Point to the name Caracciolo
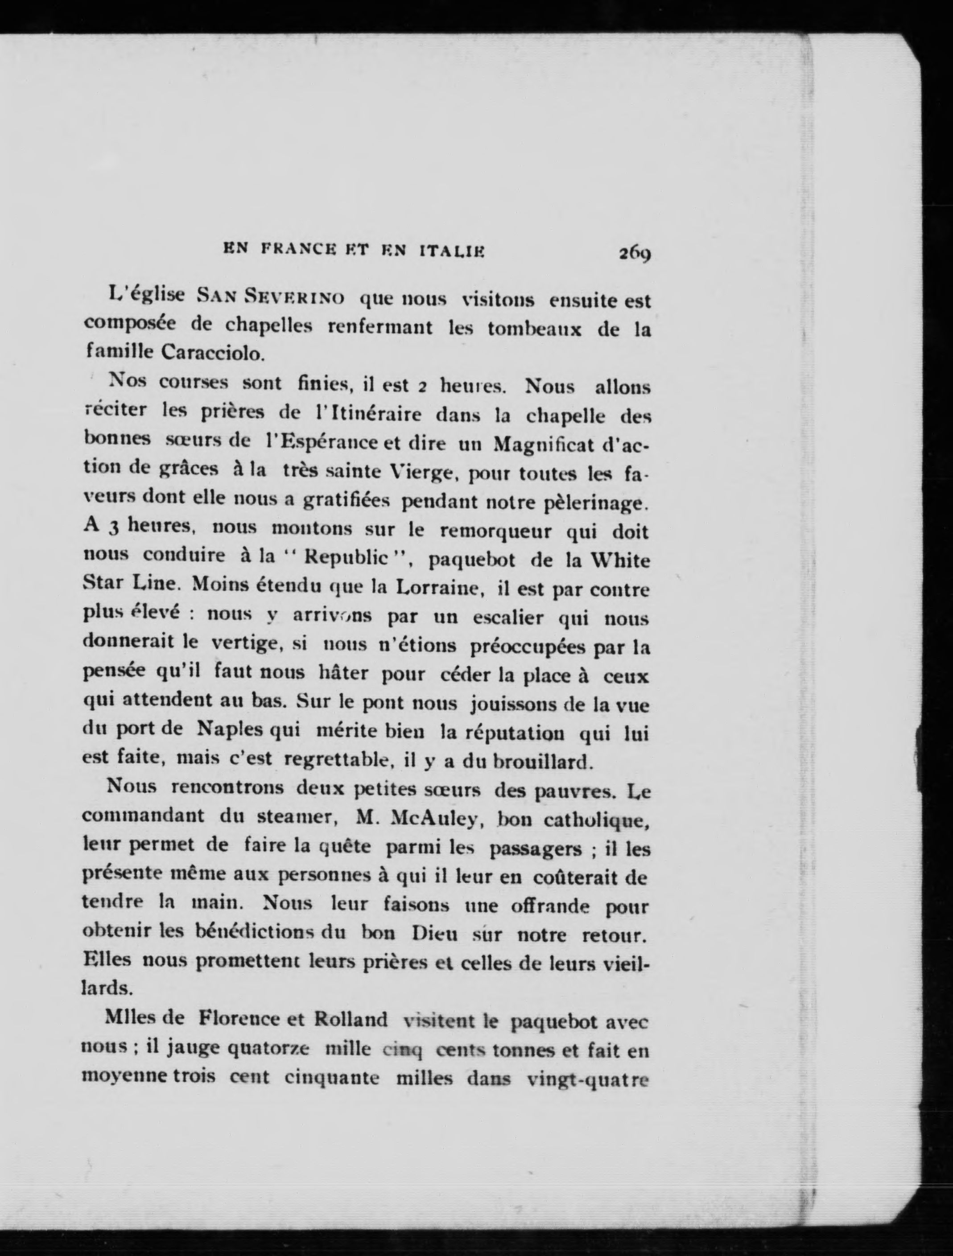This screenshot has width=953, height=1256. click(x=213, y=353)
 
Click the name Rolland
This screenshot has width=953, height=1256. click(x=351, y=1019)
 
